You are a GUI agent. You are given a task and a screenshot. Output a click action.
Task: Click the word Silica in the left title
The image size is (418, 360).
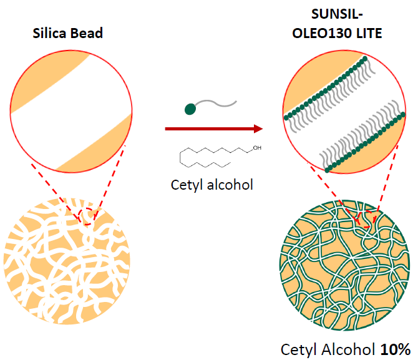[x=52, y=33]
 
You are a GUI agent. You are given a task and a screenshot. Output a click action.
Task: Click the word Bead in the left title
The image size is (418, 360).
[x=87, y=33]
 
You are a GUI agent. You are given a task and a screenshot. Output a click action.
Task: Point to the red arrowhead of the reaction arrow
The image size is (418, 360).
[x=257, y=129]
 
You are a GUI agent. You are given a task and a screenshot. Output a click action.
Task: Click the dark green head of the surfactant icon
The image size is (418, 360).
[x=190, y=109]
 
